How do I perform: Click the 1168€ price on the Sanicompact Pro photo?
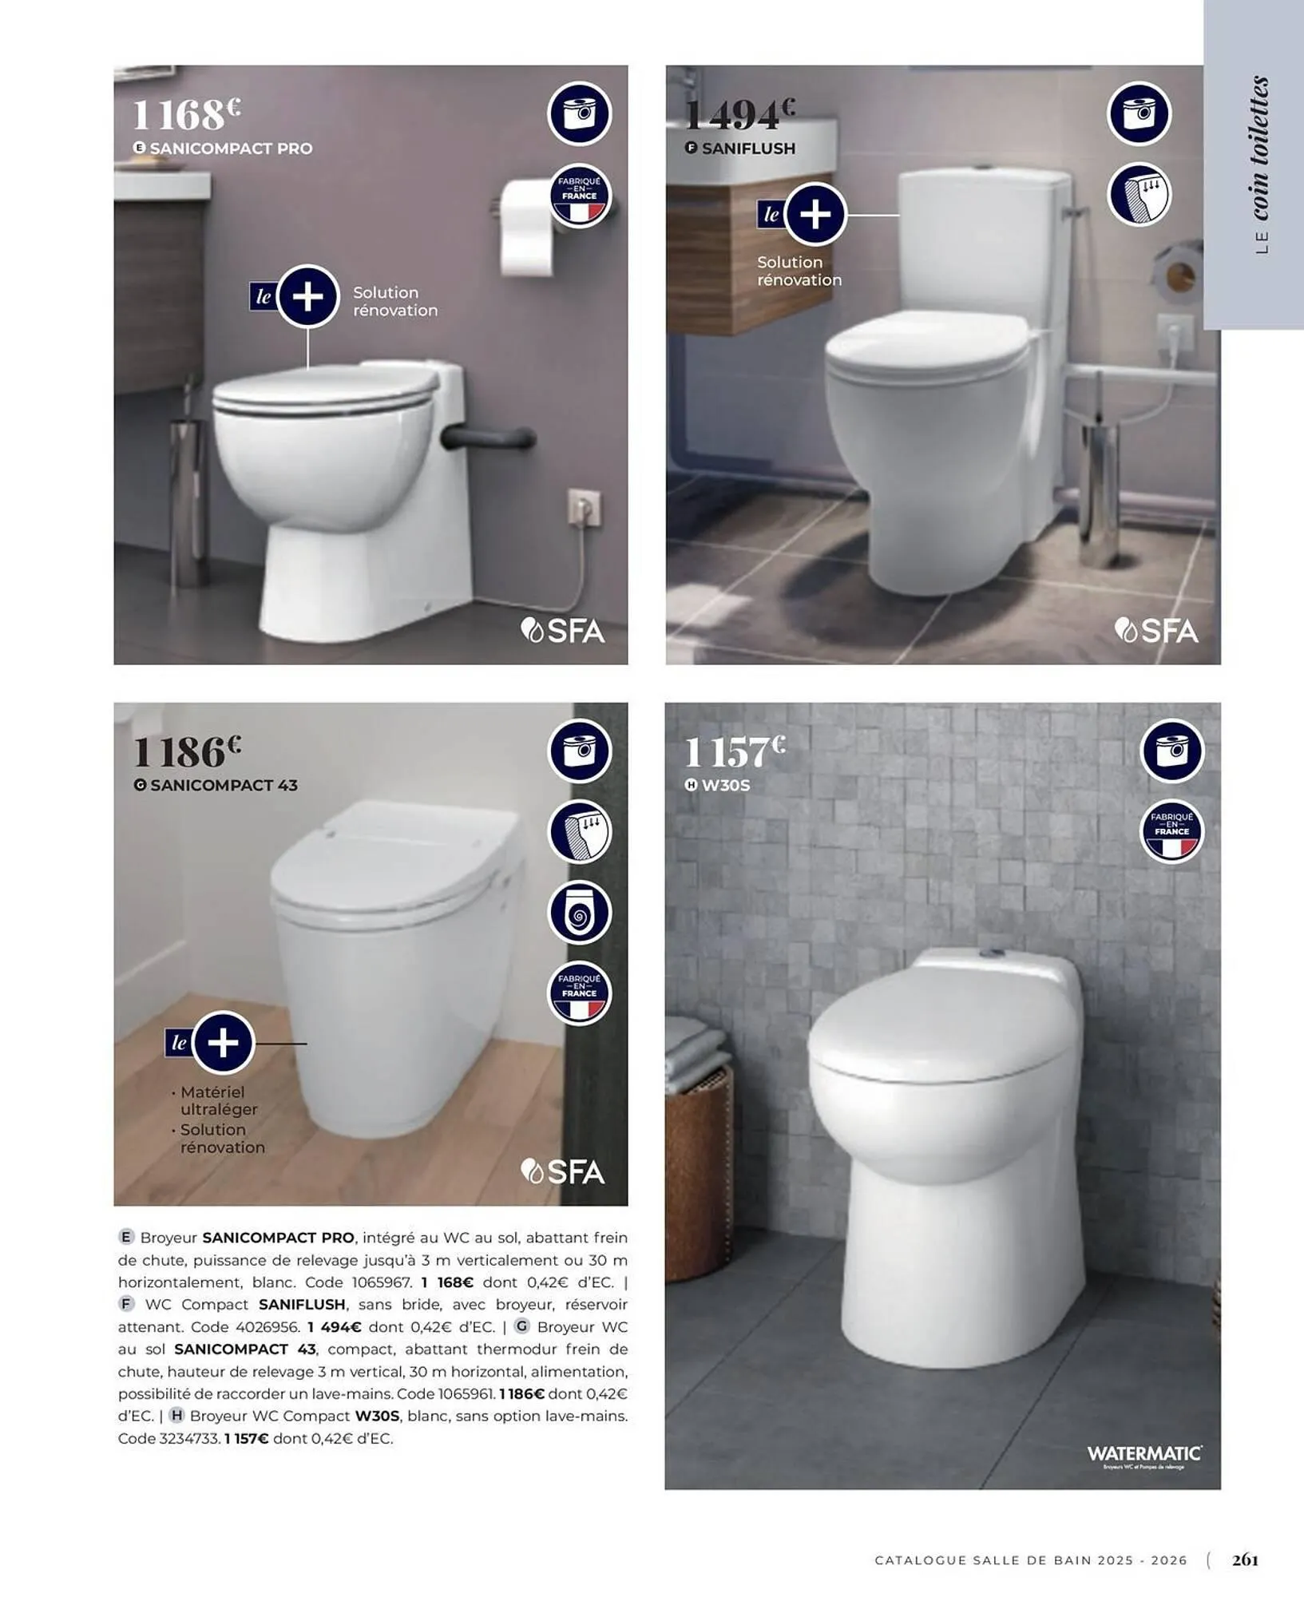tap(185, 114)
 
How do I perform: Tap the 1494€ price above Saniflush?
tap(739, 114)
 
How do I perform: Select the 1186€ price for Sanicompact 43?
tap(186, 751)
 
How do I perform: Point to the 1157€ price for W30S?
tap(735, 751)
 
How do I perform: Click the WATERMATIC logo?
tap(1143, 1454)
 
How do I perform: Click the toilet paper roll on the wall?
tap(527, 228)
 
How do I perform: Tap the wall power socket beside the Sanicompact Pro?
tap(584, 508)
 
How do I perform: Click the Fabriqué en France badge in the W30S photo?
tap(1171, 832)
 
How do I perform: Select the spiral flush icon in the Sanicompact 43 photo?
tap(580, 913)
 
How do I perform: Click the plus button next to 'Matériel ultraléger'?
tap(223, 1042)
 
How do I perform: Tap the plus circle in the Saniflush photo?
tap(815, 214)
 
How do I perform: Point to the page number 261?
tap(1245, 1559)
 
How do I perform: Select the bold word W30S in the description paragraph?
tap(377, 1416)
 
